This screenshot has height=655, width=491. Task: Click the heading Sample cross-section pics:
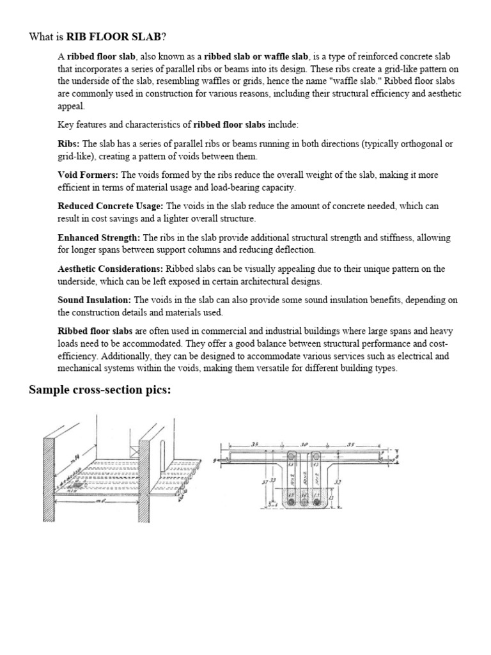(x=100, y=390)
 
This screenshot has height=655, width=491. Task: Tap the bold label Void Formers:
(x=88, y=175)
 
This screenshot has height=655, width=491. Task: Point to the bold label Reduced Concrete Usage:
(x=111, y=206)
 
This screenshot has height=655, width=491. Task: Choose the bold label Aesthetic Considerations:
(x=110, y=269)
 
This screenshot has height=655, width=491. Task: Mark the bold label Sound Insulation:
(x=95, y=300)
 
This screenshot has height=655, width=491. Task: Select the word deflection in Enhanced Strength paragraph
(x=295, y=249)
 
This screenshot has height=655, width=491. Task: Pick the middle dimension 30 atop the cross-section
(x=304, y=443)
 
